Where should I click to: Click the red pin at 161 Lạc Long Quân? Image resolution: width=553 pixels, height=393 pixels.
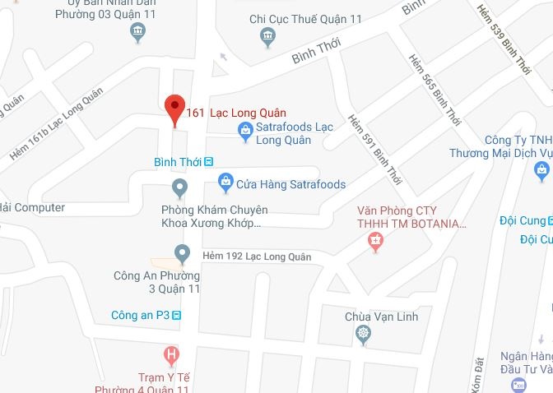[173, 109]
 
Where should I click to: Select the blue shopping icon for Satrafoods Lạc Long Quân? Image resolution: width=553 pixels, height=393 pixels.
[244, 129]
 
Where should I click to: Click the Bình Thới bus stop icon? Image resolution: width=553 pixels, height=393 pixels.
[209, 161]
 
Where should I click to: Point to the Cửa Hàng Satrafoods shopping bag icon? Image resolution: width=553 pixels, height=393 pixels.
[225, 181]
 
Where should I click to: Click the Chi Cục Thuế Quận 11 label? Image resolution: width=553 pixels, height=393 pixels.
[305, 19]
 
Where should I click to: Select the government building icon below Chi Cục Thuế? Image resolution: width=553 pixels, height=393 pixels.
[267, 37]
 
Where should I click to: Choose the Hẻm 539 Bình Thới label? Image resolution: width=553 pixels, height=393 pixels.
[503, 41]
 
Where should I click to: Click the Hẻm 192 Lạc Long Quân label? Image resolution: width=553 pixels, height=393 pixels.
[257, 257]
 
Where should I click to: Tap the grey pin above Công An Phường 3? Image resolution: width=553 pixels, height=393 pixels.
[183, 253]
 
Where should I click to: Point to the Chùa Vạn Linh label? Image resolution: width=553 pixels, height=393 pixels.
[381, 317]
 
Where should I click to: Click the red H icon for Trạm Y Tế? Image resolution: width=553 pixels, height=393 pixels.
[171, 357]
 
